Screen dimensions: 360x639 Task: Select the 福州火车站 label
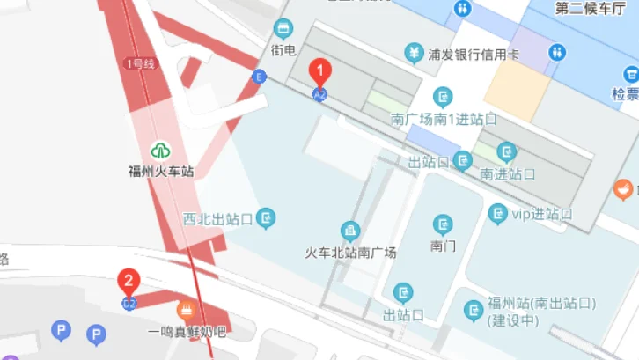(160, 171)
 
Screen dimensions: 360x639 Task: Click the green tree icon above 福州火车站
(160, 151)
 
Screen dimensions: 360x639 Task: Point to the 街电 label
(283, 50)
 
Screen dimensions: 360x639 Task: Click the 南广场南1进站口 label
(444, 118)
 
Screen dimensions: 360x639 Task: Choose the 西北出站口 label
(218, 217)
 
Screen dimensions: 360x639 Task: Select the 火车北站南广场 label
(350, 253)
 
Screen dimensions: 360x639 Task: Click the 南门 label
(443, 246)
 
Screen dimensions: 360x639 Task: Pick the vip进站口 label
(542, 214)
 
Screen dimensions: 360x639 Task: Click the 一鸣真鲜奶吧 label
(187, 332)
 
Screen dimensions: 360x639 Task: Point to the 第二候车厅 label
(590, 9)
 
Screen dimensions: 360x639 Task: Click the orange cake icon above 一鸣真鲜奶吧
(186, 309)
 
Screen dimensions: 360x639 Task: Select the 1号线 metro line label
(140, 63)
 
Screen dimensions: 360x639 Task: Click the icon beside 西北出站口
(266, 217)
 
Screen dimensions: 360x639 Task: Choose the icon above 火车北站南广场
(350, 231)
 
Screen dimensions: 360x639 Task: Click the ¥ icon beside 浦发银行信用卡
(414, 54)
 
